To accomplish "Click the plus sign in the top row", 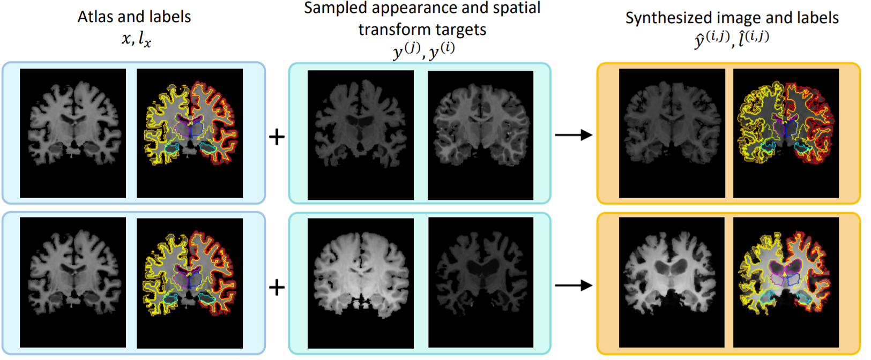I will pos(277,137).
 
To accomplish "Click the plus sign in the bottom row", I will pos(277,288).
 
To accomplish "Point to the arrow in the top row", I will pos(573,135).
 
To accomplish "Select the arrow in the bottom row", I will pos(573,286).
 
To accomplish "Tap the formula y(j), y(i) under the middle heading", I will pos(423,51).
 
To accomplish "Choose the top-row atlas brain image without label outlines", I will pos(73,133).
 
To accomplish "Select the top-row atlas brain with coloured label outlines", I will pos(190,133).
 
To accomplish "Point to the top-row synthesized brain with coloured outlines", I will pos(786,133).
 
